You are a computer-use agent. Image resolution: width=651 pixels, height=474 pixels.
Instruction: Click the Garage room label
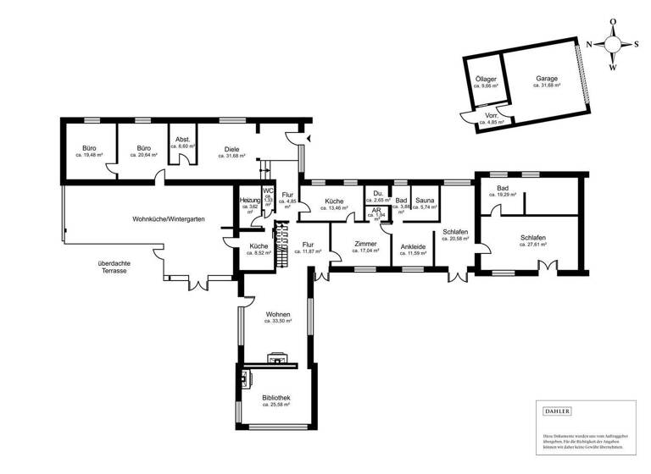point(546,79)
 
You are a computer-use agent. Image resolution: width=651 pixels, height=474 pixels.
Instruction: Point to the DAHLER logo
point(557,411)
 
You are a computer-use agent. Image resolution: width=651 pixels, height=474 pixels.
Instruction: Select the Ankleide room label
point(413,246)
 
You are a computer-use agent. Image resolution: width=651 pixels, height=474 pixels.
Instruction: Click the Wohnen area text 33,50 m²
point(277,322)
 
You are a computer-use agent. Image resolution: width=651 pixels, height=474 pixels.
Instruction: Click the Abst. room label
point(182,139)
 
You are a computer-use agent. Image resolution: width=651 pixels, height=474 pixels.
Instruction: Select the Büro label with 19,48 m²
point(88,149)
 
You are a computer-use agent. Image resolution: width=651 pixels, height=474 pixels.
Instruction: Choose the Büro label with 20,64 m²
point(143,149)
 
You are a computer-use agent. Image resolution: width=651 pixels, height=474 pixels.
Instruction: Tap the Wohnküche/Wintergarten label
point(169,218)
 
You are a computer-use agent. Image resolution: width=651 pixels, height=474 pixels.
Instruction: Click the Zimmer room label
point(364,243)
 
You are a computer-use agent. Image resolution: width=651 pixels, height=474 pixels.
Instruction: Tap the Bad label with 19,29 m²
point(503,188)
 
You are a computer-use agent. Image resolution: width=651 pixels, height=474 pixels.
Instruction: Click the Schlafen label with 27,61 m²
point(532,238)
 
